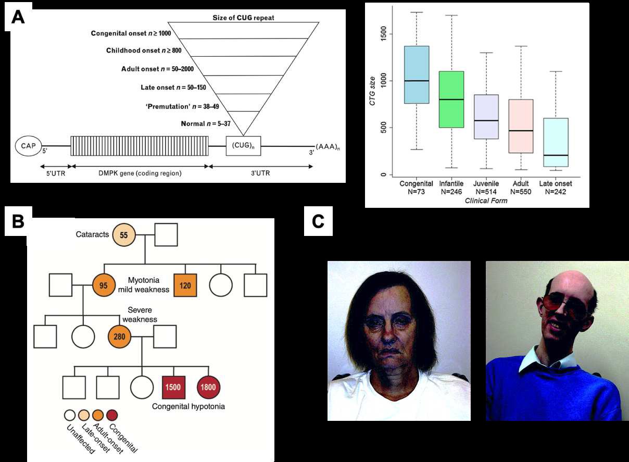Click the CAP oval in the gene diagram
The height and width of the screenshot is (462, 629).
(x=28, y=146)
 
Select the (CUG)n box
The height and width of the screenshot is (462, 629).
(x=244, y=146)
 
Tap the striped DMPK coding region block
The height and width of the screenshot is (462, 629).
(x=140, y=146)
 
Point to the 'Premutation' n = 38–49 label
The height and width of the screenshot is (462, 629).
(x=182, y=106)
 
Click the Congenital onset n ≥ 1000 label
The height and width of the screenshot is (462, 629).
(x=131, y=33)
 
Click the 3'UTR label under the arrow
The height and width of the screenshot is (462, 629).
(x=260, y=173)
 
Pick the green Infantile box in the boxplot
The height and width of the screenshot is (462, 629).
(x=451, y=99)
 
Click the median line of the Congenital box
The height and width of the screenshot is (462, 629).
(x=417, y=81)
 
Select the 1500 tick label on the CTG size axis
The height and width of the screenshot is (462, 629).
(x=383, y=34)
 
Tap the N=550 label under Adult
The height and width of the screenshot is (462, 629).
(x=521, y=192)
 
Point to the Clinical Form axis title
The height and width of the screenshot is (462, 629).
(x=486, y=201)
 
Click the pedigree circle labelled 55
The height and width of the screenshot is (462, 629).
(x=124, y=235)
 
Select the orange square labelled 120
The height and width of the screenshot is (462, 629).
(x=185, y=285)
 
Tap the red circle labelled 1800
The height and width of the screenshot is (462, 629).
(x=209, y=388)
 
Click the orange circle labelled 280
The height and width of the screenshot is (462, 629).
(x=120, y=336)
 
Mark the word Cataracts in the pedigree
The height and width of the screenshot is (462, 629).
(x=92, y=234)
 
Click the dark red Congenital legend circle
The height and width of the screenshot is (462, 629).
(x=112, y=415)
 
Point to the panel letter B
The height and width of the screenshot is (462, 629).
(x=18, y=221)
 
